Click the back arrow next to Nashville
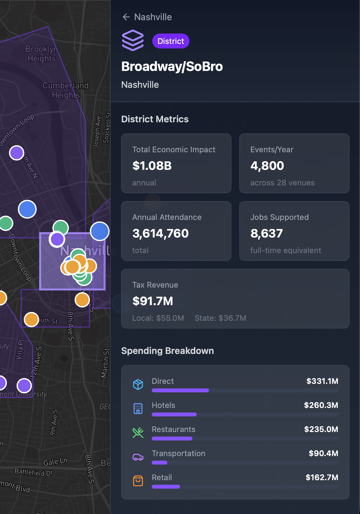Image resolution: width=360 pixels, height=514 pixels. (x=126, y=17)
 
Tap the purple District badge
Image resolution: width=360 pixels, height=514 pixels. (x=171, y=41)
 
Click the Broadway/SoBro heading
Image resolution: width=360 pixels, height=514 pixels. (x=172, y=66)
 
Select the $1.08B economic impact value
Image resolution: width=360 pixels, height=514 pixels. (x=152, y=166)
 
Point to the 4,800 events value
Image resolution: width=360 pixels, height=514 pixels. (x=267, y=166)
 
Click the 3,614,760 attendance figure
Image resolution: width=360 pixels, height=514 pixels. (x=160, y=234)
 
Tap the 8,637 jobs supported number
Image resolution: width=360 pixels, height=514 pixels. (x=267, y=234)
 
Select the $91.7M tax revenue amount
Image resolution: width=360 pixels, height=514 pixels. (x=153, y=301)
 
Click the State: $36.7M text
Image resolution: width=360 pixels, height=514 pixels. (x=220, y=318)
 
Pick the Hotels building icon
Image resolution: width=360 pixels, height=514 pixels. (x=138, y=409)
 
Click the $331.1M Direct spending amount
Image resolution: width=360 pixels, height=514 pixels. (x=322, y=381)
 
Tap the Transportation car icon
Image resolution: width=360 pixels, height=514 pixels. (x=138, y=457)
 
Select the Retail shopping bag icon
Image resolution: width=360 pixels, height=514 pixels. (x=138, y=481)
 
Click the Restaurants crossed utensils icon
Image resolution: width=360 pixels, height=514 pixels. (x=138, y=433)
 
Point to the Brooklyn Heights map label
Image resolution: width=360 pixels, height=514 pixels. (x=41, y=54)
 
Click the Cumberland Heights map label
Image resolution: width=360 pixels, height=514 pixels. (x=65, y=90)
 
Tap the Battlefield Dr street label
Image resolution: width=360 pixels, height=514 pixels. (x=34, y=472)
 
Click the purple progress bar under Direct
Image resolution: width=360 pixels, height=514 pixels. (x=180, y=390)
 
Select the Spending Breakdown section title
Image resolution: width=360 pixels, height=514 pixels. (x=167, y=351)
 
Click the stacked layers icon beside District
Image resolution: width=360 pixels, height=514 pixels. (x=133, y=40)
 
